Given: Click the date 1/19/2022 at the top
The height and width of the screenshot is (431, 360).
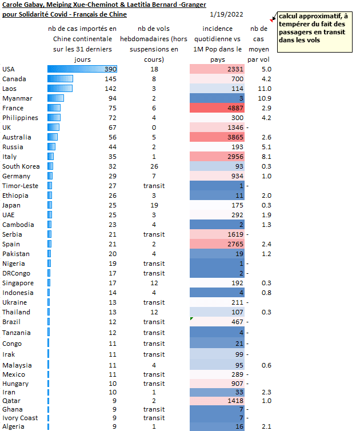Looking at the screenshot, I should (225, 14).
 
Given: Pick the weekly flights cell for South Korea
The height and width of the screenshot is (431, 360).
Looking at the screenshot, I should (154, 166).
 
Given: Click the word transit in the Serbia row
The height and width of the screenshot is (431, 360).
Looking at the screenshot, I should (154, 234).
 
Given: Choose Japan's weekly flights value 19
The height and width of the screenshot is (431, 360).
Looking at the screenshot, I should (154, 205).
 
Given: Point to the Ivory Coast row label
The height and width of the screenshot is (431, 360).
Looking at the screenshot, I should (20, 418).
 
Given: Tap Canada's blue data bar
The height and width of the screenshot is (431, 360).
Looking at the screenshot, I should (60, 79).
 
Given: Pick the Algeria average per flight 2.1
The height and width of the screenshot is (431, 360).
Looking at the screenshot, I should (266, 426).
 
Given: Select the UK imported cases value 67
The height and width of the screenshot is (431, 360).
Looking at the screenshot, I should (111, 127).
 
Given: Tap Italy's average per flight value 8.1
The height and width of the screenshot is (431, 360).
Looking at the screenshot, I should (266, 157).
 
